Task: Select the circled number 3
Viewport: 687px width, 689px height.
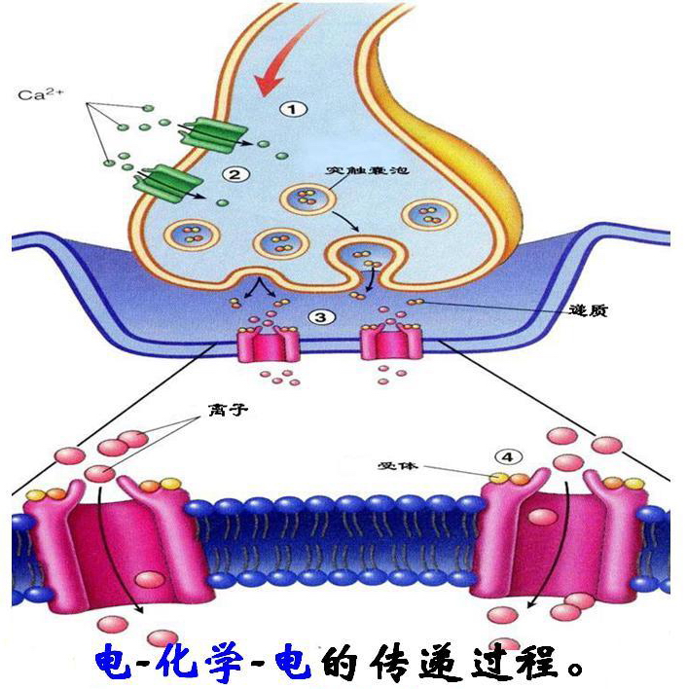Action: point(322,317)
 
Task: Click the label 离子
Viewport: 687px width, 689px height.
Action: point(230,410)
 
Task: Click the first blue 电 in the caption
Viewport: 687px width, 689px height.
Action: point(118,663)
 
